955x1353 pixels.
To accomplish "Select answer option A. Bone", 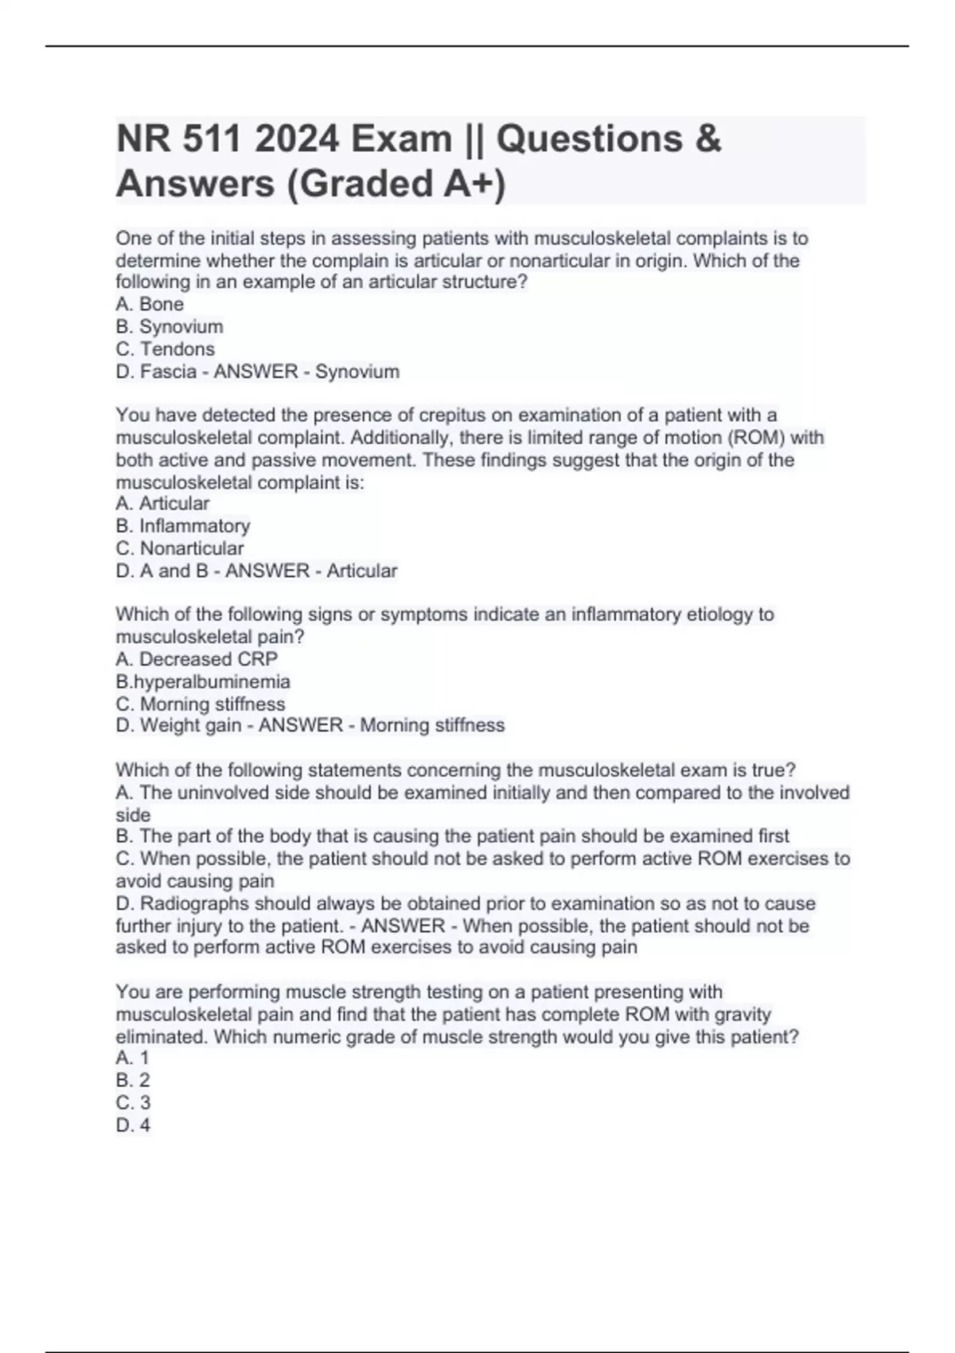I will tap(150, 304).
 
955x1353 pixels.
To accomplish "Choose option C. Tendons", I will tap(166, 349).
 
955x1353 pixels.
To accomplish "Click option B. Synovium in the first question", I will tap(170, 326).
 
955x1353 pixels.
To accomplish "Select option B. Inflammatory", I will tap(183, 526).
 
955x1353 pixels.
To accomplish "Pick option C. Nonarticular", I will tap(180, 548).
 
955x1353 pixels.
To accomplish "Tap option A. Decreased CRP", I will tap(197, 659).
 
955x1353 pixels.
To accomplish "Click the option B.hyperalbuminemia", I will tap(203, 681).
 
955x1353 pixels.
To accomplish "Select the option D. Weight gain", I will tap(178, 725).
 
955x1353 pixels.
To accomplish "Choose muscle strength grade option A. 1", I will tap(133, 1058).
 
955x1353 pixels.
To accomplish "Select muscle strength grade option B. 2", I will tap(133, 1080).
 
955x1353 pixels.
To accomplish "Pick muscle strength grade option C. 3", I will tap(133, 1102).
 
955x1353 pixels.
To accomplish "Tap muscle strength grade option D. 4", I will tap(133, 1125).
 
